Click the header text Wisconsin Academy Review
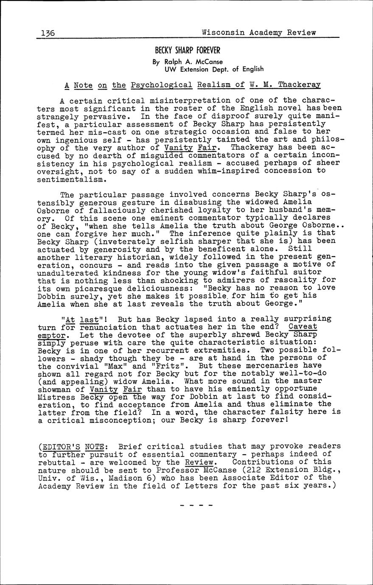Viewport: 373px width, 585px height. (259, 32)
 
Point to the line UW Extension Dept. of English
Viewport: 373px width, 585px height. (214, 69)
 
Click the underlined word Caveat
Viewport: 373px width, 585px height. (303, 327)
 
